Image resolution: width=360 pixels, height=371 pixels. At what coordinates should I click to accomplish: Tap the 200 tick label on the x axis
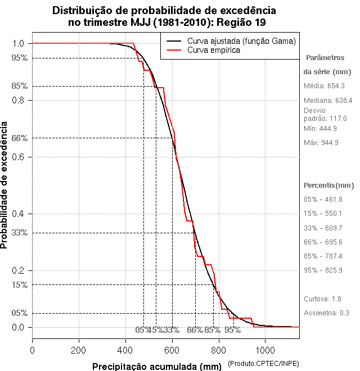coord(79,350)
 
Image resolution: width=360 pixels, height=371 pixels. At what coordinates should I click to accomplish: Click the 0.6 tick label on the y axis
coord(17,157)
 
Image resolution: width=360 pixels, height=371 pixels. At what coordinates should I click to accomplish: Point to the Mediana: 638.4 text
coord(328,100)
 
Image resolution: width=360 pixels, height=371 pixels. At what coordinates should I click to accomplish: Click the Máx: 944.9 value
coord(321,143)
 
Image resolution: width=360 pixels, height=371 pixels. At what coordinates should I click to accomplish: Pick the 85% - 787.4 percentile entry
coord(323,256)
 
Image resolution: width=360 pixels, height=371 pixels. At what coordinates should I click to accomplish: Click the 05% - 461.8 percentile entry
coord(323,200)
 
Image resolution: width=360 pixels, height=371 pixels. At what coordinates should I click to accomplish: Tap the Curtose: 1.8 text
coord(322,298)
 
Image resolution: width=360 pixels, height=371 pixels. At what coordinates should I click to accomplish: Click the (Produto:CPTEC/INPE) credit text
coord(263,364)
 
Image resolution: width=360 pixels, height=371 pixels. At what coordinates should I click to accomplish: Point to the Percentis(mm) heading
coord(329,185)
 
